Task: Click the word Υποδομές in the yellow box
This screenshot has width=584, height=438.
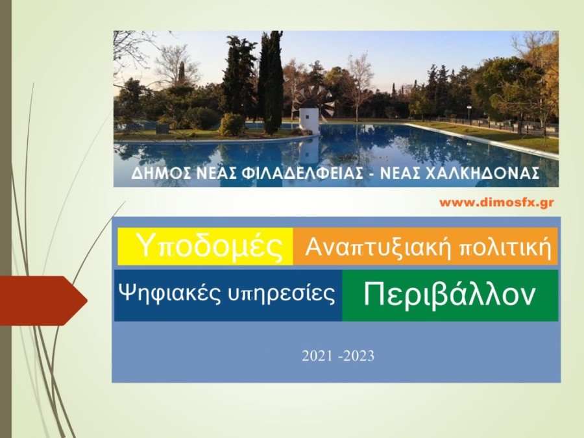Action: [x=210, y=247]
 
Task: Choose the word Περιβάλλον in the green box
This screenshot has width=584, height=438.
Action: [x=450, y=295]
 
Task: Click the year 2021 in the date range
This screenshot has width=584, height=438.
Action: [x=316, y=356]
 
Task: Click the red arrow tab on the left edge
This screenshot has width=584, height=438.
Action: [x=42, y=300]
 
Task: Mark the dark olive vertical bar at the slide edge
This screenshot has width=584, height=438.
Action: [x=5, y=219]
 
